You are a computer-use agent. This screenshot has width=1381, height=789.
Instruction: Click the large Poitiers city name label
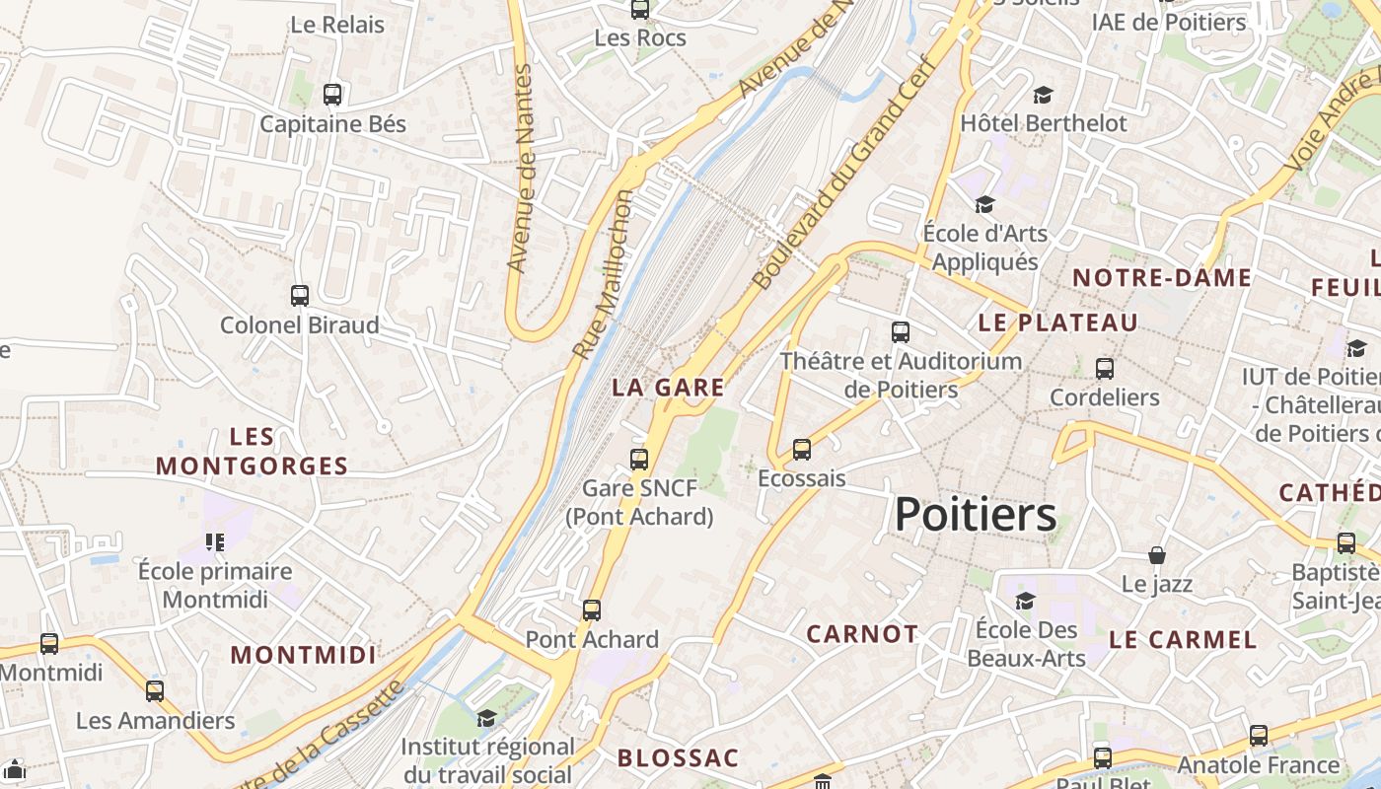(976, 514)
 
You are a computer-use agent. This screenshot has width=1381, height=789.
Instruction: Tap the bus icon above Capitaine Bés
(332, 95)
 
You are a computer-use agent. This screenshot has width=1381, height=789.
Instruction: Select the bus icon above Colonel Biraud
(299, 295)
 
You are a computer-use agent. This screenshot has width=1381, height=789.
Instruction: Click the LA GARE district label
(668, 387)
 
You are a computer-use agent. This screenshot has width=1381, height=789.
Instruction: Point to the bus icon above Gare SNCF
(639, 459)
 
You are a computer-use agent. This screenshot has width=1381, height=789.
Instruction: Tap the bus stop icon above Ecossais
(802, 450)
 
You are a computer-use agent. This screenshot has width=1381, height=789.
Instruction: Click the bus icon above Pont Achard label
(592, 610)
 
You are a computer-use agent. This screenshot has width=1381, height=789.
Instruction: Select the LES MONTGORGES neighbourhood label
(253, 452)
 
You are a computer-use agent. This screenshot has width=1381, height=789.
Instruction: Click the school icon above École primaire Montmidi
(215, 541)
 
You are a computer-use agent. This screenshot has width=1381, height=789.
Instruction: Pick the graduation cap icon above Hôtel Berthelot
(1043, 95)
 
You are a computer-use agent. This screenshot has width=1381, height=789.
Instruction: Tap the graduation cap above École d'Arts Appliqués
(984, 205)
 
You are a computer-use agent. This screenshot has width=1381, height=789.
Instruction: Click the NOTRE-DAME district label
(1162, 278)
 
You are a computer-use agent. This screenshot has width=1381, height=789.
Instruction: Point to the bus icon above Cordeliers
(1105, 369)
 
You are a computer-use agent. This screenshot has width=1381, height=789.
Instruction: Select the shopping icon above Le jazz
(1157, 555)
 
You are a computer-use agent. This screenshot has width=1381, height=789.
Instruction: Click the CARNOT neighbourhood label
(862, 633)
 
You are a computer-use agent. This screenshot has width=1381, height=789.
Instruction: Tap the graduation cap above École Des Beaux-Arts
(1026, 601)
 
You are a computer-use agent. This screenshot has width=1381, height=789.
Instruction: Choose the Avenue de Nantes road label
(519, 169)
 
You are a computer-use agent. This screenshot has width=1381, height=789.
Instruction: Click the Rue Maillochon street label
(603, 274)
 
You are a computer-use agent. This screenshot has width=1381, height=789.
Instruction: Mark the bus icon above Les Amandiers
(155, 690)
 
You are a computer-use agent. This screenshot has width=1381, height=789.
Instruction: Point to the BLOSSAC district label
(678, 757)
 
